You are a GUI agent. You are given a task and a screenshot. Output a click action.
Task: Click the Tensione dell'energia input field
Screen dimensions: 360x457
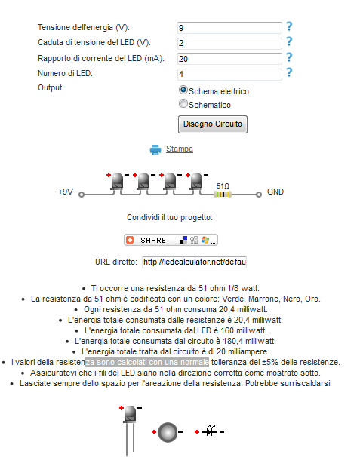[x=229, y=28]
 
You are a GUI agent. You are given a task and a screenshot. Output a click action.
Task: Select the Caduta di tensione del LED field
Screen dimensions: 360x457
[x=229, y=44]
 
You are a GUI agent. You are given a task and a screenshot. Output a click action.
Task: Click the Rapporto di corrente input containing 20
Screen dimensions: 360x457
[x=229, y=59]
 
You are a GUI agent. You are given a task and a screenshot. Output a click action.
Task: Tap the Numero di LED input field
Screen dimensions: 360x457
[x=229, y=75]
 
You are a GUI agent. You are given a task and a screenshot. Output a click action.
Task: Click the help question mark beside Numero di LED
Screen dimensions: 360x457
[x=289, y=72]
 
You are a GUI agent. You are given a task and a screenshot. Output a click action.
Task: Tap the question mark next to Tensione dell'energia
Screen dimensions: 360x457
[x=289, y=26]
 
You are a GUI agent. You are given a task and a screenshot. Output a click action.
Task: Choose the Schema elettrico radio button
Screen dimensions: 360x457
[x=183, y=90]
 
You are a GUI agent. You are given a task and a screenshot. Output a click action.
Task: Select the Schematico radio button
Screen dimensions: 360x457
[x=183, y=103]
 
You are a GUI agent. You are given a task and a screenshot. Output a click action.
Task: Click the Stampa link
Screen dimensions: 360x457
[x=180, y=149]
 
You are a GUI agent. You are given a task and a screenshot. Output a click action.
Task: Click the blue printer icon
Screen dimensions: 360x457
[x=155, y=150]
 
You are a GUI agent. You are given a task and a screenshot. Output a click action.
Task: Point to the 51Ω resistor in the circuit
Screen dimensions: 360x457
[x=223, y=194]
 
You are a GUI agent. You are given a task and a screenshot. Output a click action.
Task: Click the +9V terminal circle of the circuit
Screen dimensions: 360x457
[x=82, y=195]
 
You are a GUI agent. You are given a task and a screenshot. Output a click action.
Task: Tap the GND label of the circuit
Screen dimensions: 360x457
[x=275, y=192]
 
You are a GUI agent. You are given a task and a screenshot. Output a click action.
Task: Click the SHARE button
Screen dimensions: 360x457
[x=171, y=240]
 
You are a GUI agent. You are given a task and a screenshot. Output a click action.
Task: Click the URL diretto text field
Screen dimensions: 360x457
[x=194, y=262]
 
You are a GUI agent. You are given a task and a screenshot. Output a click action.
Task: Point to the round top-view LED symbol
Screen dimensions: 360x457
[x=168, y=432]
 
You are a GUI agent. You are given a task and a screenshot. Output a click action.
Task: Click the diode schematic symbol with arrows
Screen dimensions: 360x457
[x=210, y=431]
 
